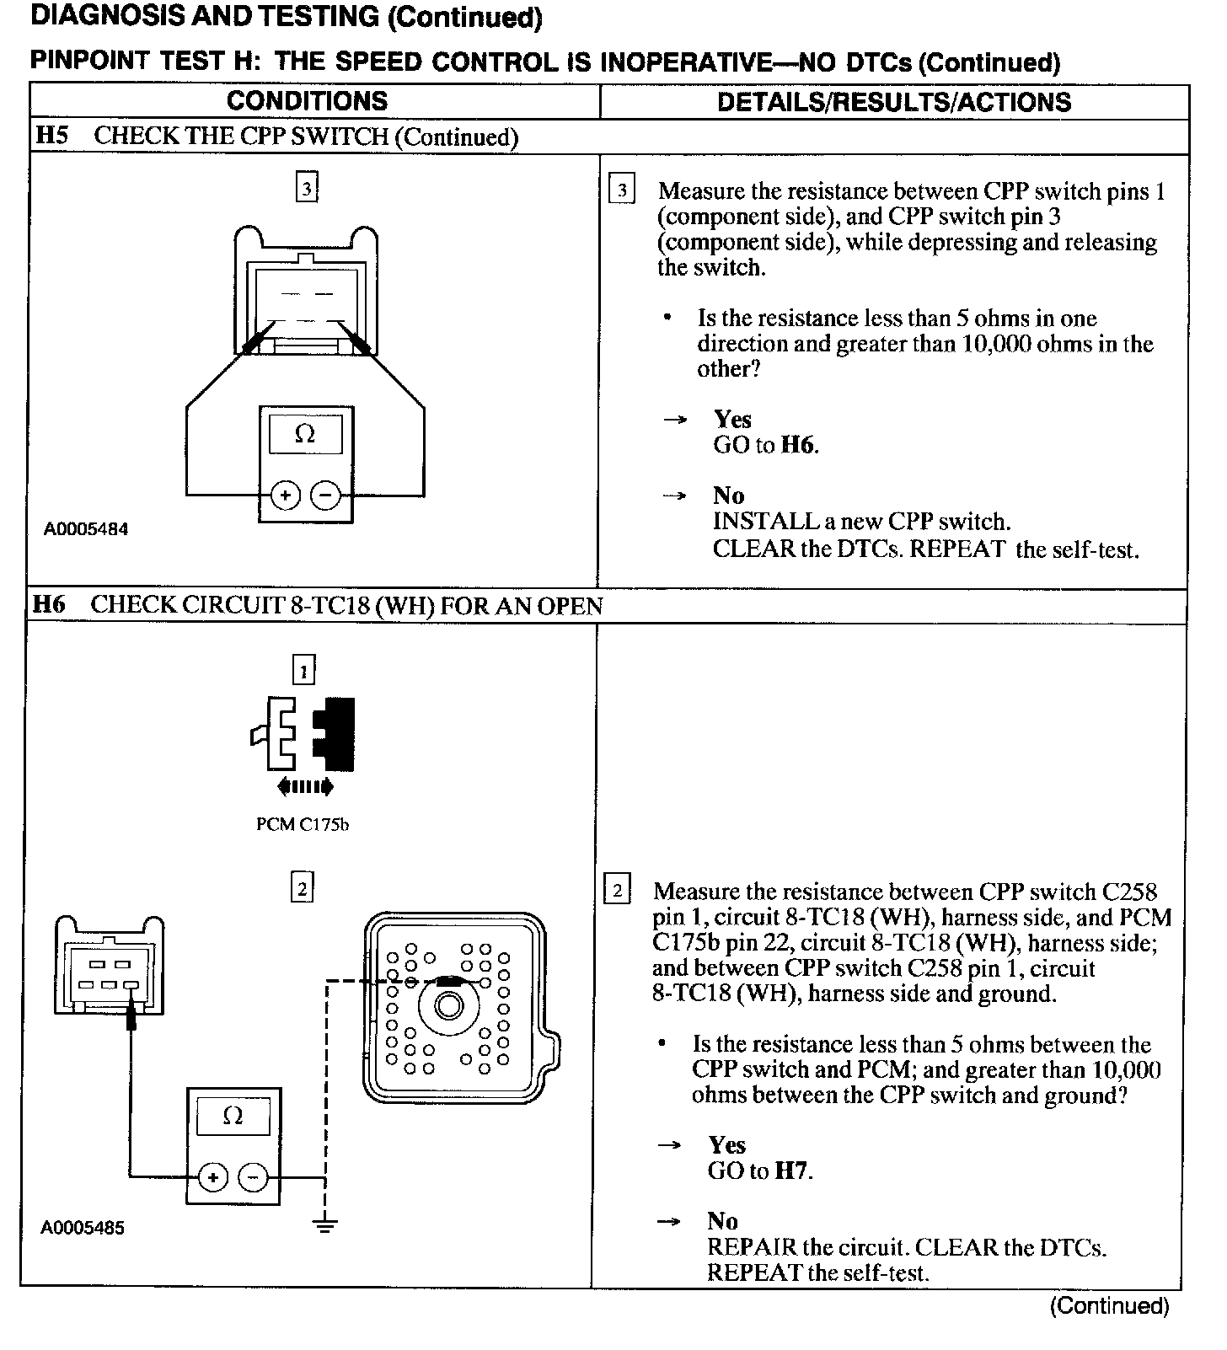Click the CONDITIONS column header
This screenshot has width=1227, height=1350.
(x=307, y=101)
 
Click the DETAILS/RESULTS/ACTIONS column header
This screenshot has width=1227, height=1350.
(x=893, y=102)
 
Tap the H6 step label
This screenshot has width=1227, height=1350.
(x=49, y=604)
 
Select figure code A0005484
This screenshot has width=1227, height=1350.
(x=86, y=529)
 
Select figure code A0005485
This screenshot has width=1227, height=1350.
(x=83, y=1228)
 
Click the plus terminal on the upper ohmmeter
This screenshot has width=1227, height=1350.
(x=285, y=495)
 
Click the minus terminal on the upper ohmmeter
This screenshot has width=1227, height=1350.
(x=325, y=495)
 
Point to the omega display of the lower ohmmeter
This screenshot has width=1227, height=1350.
(x=233, y=1116)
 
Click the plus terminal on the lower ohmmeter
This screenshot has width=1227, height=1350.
(x=212, y=1176)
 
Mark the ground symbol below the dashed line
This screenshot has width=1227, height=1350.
(x=325, y=1224)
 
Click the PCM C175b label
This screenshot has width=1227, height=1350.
(x=303, y=824)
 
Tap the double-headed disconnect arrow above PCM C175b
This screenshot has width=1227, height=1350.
(x=304, y=787)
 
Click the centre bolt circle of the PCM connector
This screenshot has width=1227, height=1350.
(x=448, y=1005)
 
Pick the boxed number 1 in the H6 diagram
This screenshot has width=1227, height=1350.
(x=303, y=671)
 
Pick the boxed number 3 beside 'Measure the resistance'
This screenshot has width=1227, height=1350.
(x=622, y=190)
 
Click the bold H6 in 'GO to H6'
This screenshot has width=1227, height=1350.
(x=798, y=445)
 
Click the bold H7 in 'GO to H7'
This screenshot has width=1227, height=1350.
(x=792, y=1171)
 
